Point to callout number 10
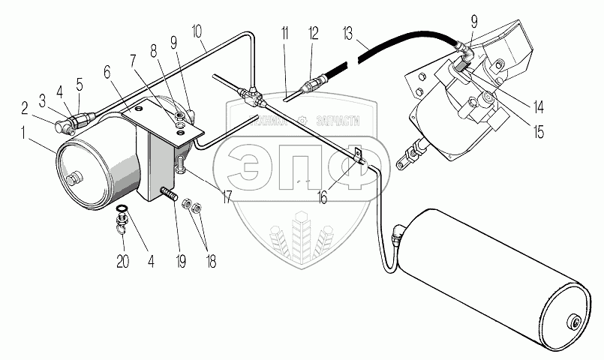tap(197, 33)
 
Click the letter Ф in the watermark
tap(350, 166)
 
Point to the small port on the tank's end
tap(575, 322)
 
